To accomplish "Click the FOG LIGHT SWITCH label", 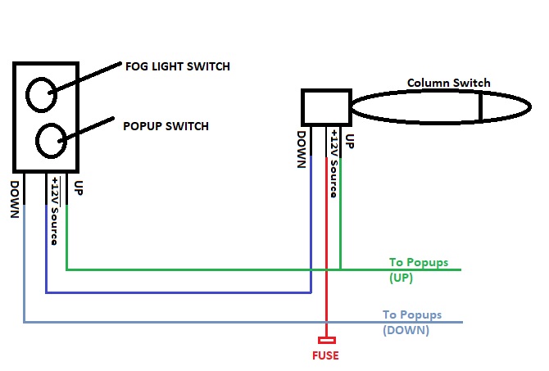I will coord(176,66).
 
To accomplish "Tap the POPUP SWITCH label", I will coord(166,126).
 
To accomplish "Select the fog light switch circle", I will coord(40,94).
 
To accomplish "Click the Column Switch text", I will coord(448,83).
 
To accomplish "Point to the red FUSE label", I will coord(324,355).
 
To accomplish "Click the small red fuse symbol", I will coord(328,339).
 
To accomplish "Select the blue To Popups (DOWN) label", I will coord(411,322).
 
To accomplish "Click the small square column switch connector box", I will coord(326,106).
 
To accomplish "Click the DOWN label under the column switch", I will coord(302,149).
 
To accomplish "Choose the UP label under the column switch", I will coord(350,140).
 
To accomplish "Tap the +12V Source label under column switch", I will coord(334,164).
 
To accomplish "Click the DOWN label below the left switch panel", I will coord(14,199).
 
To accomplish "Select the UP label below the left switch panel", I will coord(79,188).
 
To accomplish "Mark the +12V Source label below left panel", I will coord(55,210).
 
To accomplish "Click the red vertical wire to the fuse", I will coord(328,246).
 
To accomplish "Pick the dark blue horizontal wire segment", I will coord(180,292).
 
